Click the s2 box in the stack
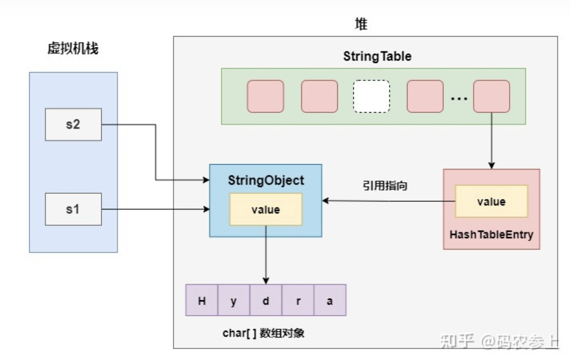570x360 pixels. pos(73,124)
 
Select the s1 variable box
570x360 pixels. pos(73,209)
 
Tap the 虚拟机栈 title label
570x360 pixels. pos(73,48)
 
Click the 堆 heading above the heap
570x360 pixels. pos(361,24)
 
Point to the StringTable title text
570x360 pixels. pos(377,56)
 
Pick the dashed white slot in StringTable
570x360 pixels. pos(371,96)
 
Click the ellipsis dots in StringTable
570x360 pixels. pos(459,98)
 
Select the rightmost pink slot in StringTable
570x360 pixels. pos(491,96)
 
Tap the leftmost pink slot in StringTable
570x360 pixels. pos(265,96)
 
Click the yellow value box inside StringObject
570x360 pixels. pos(265,209)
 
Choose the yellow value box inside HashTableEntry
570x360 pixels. pos(491,201)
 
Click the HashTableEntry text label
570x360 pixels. pos(491,234)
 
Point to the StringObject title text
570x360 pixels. pos(265,180)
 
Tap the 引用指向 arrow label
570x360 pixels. pos(385,186)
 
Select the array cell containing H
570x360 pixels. pos(202,301)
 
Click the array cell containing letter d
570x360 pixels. pos(265,301)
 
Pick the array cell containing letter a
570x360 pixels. pos(330,301)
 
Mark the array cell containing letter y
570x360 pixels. pos(233,301)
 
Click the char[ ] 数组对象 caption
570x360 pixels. pos(263,333)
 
